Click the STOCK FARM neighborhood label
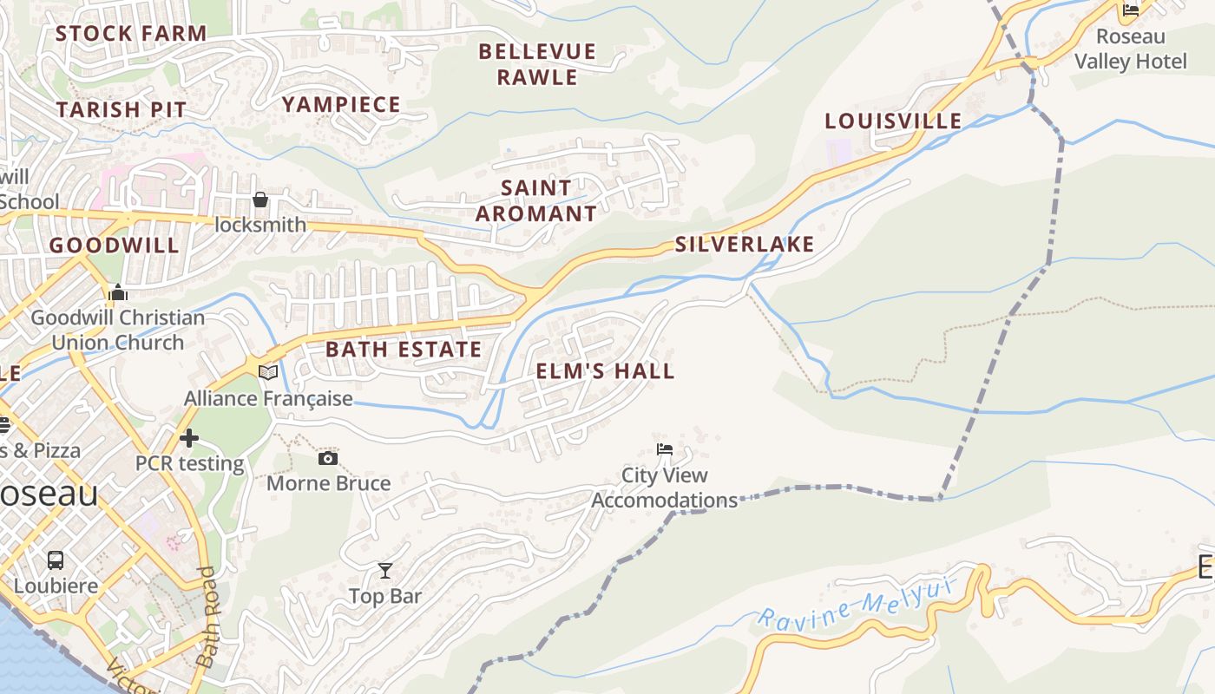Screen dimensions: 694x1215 coord(131,34)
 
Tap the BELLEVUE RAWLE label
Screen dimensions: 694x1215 coord(537,64)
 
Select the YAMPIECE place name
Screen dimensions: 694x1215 coord(341,105)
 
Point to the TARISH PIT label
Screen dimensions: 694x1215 coord(121,109)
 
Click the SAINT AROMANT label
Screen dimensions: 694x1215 coord(536,200)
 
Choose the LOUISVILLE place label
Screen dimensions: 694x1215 coord(893,121)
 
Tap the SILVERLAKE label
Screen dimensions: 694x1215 coord(745,245)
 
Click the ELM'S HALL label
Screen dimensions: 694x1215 coord(605,371)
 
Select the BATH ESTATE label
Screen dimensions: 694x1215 coord(403,350)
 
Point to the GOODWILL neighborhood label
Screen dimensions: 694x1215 coord(114,246)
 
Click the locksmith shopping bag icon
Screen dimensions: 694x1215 coord(260,200)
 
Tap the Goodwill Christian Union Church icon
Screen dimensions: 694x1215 coord(118,293)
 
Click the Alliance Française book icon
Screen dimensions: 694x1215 coord(268,372)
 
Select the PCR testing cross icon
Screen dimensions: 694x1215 coord(189,438)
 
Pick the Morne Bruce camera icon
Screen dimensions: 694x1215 coord(328,458)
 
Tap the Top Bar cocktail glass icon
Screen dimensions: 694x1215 coord(385,570)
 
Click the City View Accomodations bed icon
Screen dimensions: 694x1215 coord(665,449)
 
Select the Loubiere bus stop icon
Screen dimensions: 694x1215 coord(56,560)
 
